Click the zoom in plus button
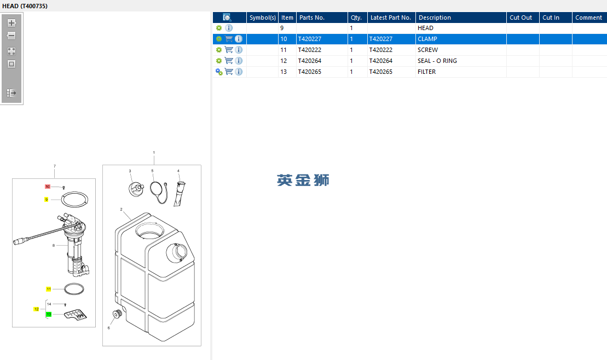tap(11, 23)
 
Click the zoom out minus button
tap(11, 36)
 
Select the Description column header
tap(435, 18)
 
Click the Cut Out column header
tap(521, 18)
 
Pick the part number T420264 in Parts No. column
tap(310, 61)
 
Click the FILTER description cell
tap(426, 72)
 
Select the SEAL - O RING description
tap(437, 61)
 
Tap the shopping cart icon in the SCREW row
tap(229, 50)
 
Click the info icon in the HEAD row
tap(229, 28)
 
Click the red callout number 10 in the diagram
tap(48, 187)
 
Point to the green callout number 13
tap(49, 315)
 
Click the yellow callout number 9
tap(47, 199)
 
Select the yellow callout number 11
tap(49, 289)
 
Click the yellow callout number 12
tap(36, 309)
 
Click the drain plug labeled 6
tap(117, 314)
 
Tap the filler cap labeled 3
tap(136, 189)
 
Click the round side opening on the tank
tap(177, 253)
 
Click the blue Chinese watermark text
tap(303, 180)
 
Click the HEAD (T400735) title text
tap(25, 6)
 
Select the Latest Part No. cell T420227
tap(381, 39)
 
